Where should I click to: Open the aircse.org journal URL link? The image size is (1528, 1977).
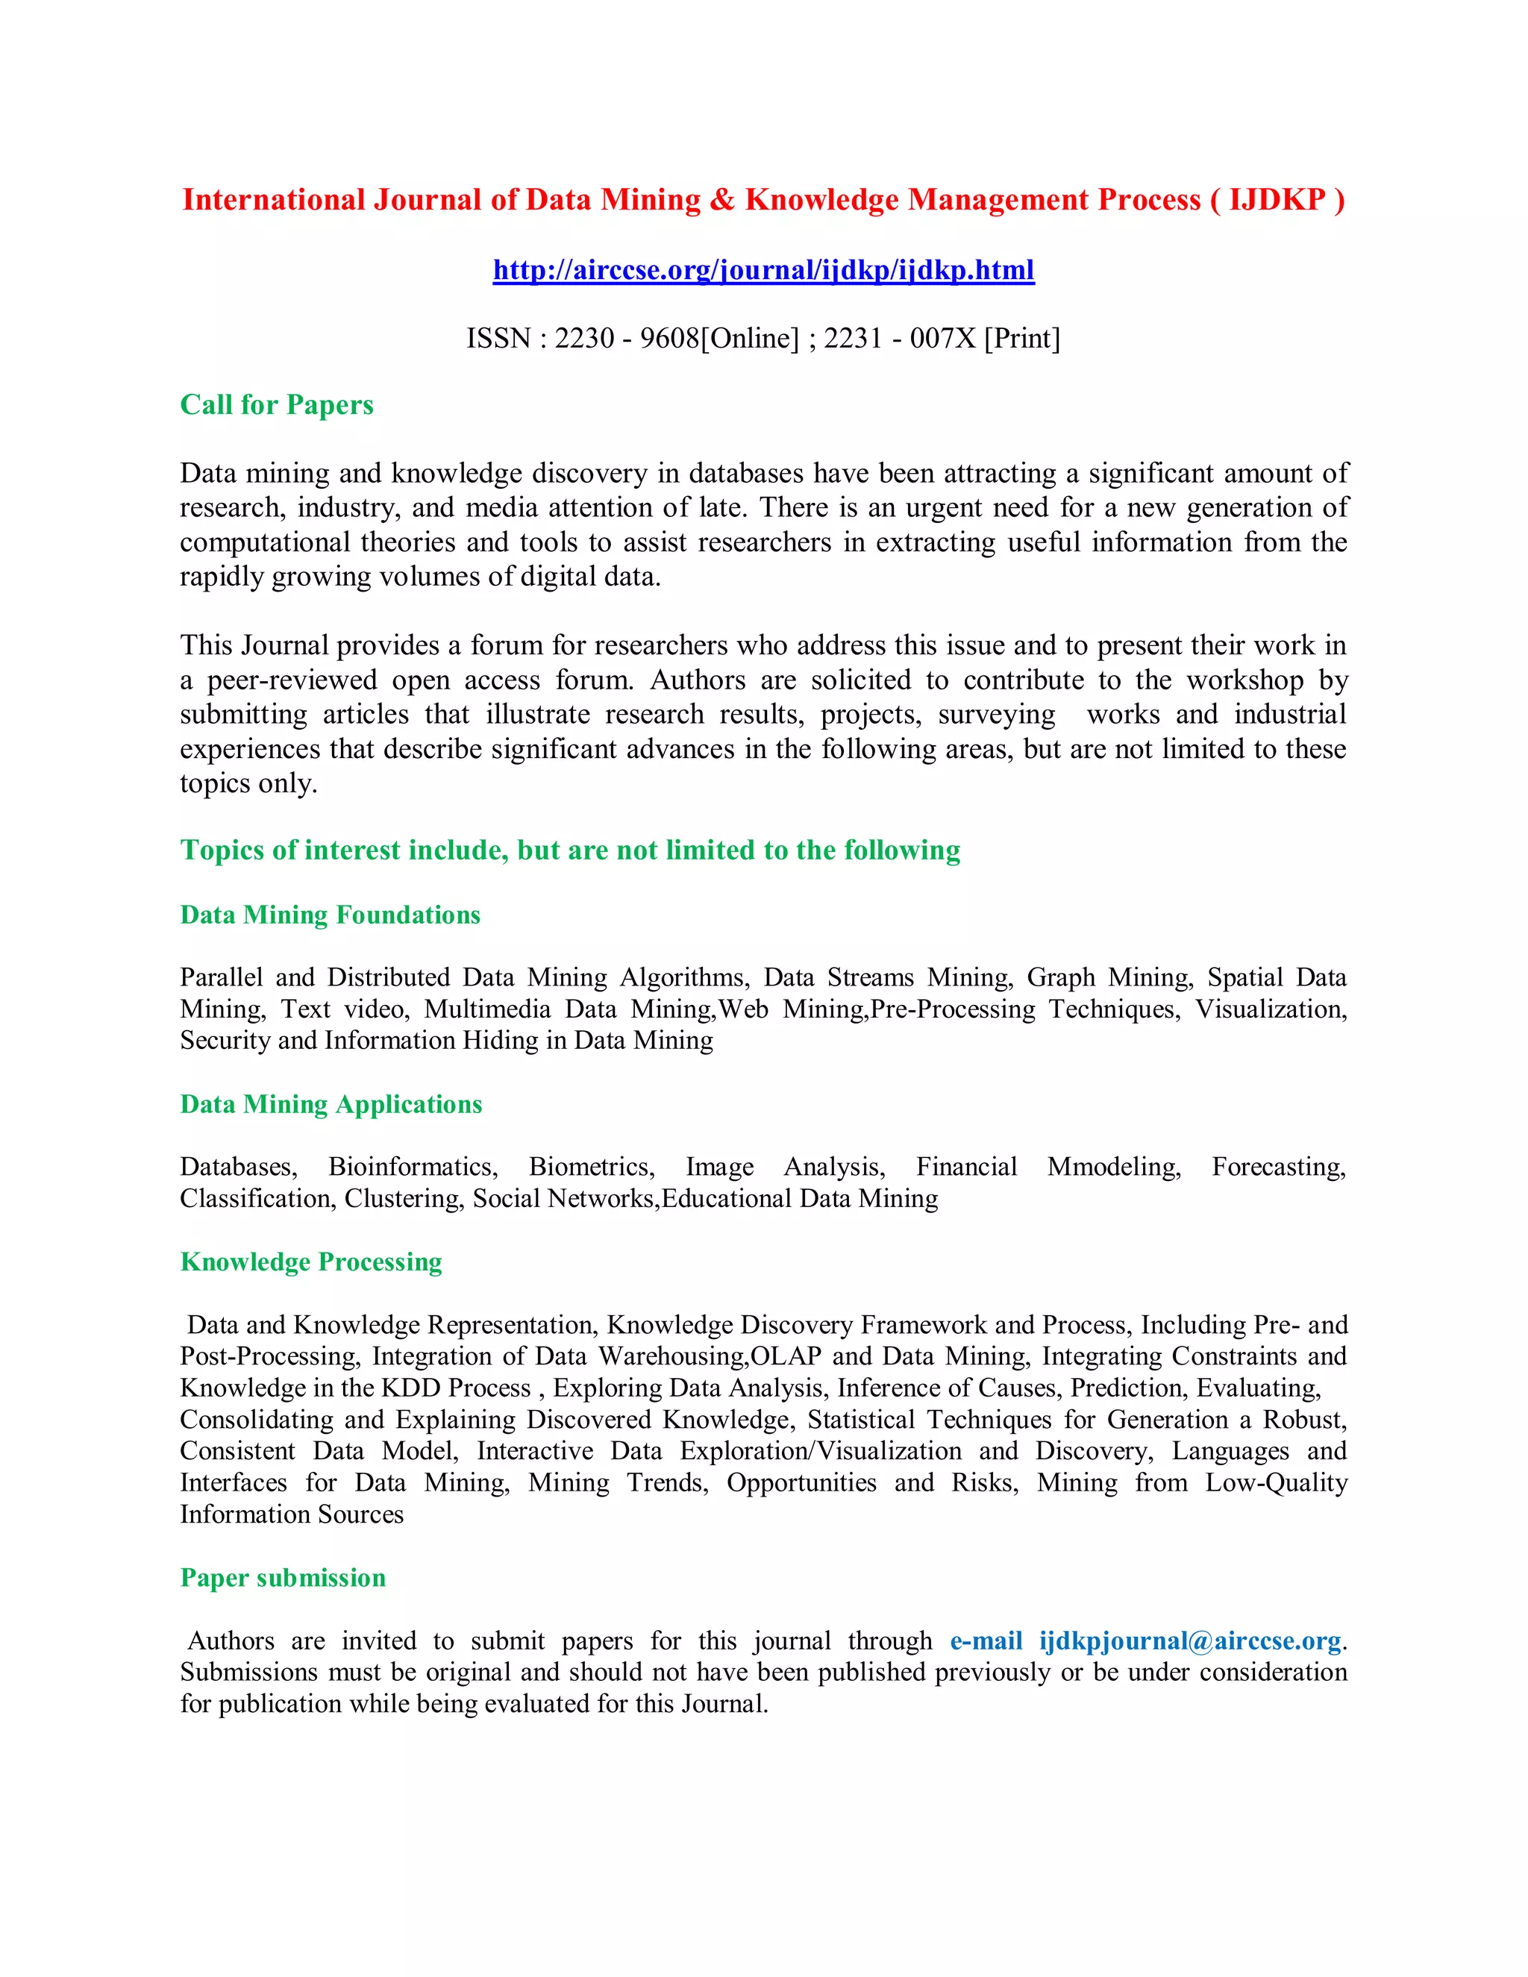pyautogui.click(x=763, y=270)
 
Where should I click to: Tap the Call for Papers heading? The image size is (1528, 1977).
pyautogui.click(x=276, y=404)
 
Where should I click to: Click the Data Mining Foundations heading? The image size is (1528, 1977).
pyautogui.click(x=330, y=915)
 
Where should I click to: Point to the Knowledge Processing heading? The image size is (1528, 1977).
pyautogui.click(x=310, y=1261)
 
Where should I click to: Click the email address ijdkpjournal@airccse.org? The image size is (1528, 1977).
pyautogui.click(x=1189, y=1641)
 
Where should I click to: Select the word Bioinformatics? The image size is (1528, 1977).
pyautogui.click(x=412, y=1166)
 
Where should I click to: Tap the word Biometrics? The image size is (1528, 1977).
pyautogui.click(x=591, y=1166)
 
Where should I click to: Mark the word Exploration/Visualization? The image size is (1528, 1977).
pyautogui.click(x=820, y=1450)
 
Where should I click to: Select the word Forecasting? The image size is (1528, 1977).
pyautogui.click(x=1278, y=1166)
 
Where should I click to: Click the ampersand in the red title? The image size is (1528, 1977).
pyautogui.click(x=722, y=199)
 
